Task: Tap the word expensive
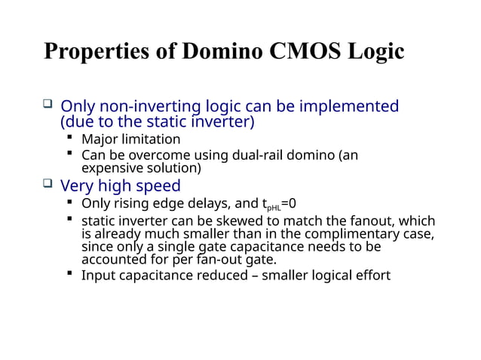click(113, 168)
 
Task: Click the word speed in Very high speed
click(157, 186)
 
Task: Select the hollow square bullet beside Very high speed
click(47, 185)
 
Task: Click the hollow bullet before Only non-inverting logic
click(47, 105)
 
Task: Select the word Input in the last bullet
click(98, 276)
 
